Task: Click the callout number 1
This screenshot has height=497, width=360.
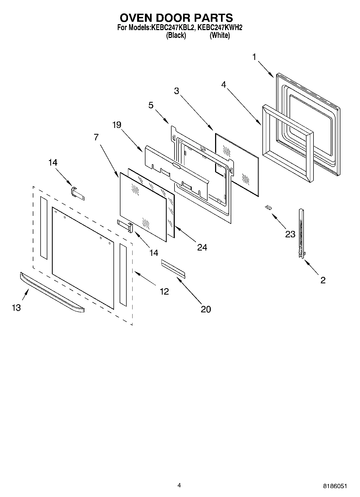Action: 254,57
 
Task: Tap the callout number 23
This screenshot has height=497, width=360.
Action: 290,234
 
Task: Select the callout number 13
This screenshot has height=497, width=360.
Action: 16,308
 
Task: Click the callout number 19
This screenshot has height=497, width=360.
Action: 117,125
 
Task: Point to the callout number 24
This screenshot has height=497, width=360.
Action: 202,247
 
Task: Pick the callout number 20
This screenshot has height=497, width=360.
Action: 206,309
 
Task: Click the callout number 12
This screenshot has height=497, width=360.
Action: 164,291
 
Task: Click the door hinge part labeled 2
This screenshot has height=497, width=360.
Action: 302,234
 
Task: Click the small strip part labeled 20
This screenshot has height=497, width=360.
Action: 173,268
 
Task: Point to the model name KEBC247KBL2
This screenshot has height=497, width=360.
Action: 173,27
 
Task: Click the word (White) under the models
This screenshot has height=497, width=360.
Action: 220,35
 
